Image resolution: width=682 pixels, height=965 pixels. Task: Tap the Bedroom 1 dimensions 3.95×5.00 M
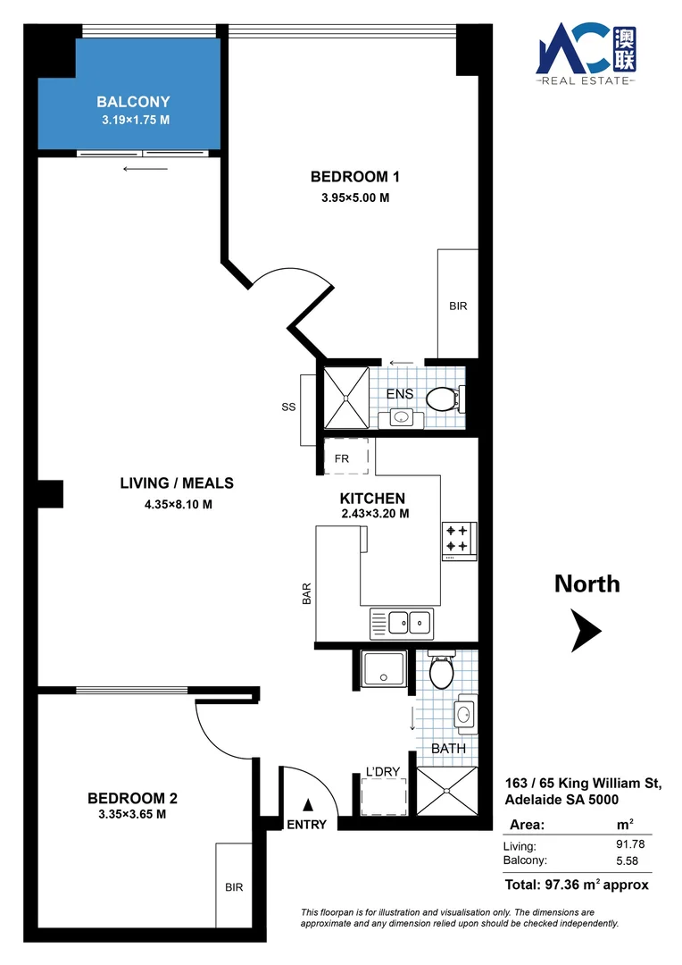tap(355, 197)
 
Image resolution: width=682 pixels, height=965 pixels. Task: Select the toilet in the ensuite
tap(443, 399)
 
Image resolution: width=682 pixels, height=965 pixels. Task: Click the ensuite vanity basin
tap(401, 419)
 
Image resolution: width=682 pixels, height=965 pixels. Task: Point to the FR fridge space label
tap(342, 458)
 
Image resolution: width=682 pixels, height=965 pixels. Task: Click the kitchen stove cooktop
tap(459, 541)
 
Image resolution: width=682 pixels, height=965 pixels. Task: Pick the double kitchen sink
tap(402, 624)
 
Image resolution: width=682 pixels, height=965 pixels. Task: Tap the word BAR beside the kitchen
tap(306, 594)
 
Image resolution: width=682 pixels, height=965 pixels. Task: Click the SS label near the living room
tap(288, 407)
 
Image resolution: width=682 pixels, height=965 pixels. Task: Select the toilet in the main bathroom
tap(441, 671)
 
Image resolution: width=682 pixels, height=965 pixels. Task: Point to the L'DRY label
tap(383, 772)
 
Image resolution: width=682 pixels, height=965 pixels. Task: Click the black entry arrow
tap(308, 805)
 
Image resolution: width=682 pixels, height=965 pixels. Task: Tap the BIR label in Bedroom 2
tap(234, 887)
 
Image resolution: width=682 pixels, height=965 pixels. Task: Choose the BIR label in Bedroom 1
tap(458, 306)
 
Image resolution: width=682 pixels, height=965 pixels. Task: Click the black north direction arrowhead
tap(586, 631)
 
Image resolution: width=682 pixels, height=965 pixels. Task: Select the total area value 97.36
tap(561, 885)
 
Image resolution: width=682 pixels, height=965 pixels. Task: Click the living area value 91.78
tap(630, 844)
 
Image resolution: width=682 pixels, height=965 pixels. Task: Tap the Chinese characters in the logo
tap(625, 49)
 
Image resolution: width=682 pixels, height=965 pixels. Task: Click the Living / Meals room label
tap(177, 483)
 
